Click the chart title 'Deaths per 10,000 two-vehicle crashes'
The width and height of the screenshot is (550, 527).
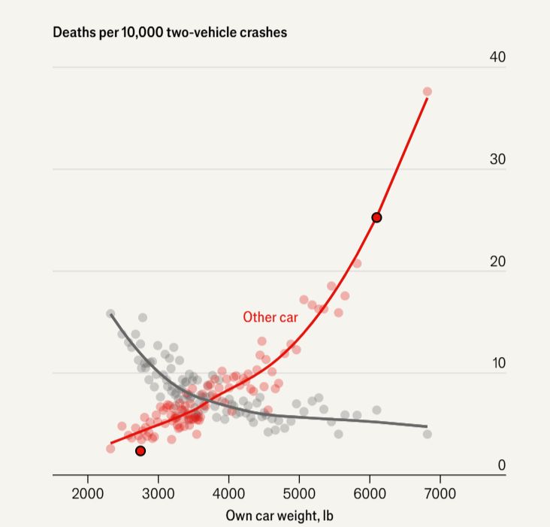coord(170,33)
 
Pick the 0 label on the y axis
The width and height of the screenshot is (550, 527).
coord(501,465)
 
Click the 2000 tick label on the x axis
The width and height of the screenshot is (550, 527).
coord(88,495)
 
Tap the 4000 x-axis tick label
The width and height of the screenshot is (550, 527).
coord(228,495)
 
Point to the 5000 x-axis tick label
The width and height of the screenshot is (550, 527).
coord(299,495)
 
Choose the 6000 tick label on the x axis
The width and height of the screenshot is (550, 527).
coord(369,495)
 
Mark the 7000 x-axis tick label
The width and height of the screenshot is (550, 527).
coord(439,495)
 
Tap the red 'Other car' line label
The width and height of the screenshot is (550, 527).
coord(270,317)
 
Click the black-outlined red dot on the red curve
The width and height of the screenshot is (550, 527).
coord(376,217)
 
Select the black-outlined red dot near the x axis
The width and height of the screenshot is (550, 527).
coord(141,451)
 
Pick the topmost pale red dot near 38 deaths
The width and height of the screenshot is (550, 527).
coord(428,92)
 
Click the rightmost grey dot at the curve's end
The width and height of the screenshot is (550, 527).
coord(428,434)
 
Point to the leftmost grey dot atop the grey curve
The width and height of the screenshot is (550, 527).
coord(110,313)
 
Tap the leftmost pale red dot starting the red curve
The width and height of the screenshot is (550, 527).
coord(110,448)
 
